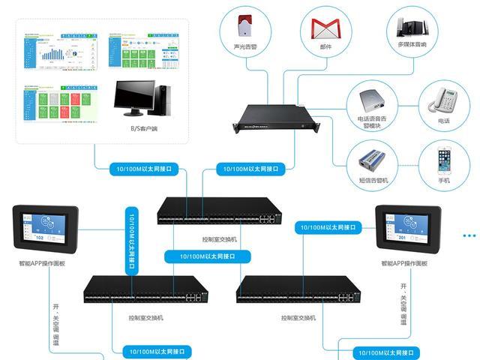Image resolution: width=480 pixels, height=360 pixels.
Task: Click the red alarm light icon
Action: point(243,26)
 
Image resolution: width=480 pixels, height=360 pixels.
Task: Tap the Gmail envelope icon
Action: point(326,29)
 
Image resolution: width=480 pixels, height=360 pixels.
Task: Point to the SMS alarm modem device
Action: point(372,160)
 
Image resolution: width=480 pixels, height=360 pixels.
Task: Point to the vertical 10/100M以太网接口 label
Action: point(132,235)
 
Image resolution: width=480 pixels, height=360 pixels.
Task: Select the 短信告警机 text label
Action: point(372,180)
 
